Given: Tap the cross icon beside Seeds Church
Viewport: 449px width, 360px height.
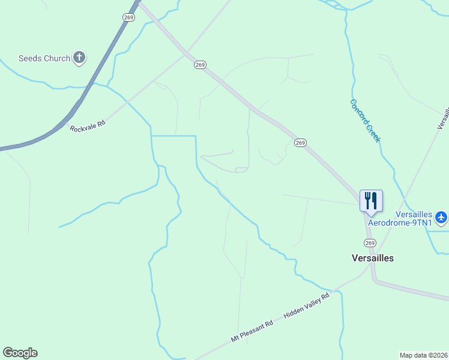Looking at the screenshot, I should click(x=79, y=58).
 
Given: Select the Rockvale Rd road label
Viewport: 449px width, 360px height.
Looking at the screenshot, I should click(x=88, y=125).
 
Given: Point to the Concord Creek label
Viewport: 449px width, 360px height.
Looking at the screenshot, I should click(x=366, y=121).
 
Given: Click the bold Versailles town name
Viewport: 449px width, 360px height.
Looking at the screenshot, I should click(x=372, y=258).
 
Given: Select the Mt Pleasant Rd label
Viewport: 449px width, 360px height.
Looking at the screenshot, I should click(x=252, y=331).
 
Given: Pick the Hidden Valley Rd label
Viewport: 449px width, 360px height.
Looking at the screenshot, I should click(x=307, y=306).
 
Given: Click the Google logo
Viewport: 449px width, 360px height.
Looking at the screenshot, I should click(x=20, y=353).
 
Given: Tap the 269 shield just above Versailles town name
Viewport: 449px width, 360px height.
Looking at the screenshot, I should click(x=369, y=243).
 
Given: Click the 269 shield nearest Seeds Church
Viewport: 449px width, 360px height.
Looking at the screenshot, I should click(x=128, y=17).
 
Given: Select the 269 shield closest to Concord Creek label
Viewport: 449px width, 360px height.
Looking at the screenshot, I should click(x=301, y=143).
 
